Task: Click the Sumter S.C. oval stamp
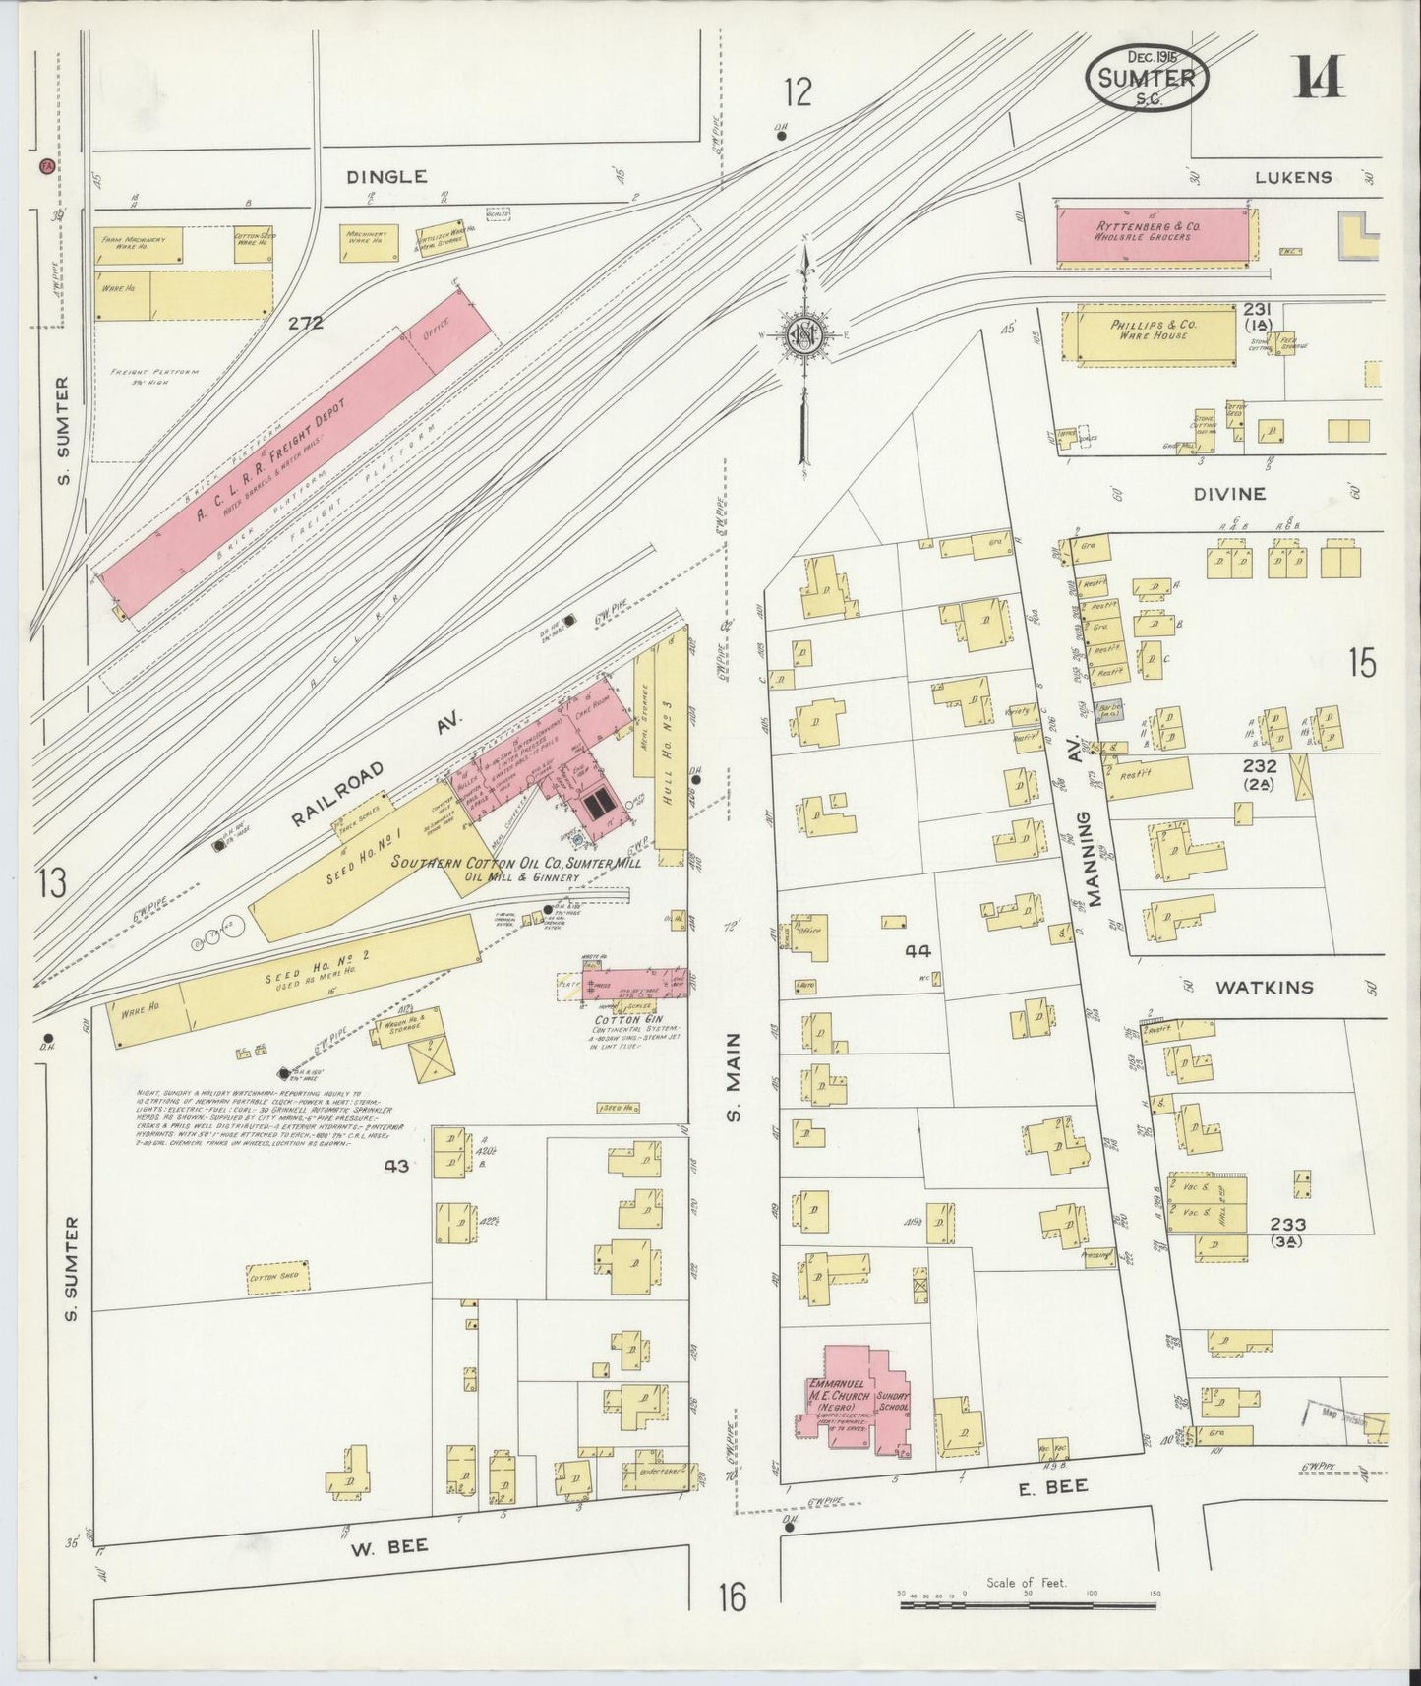tap(1148, 78)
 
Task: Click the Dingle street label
tap(387, 177)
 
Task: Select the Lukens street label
tap(1292, 177)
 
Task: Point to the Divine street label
tap(1231, 494)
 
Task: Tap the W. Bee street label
tap(387, 1547)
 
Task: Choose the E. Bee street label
tap(1052, 1487)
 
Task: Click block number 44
tap(918, 951)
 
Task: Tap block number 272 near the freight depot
tap(306, 322)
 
